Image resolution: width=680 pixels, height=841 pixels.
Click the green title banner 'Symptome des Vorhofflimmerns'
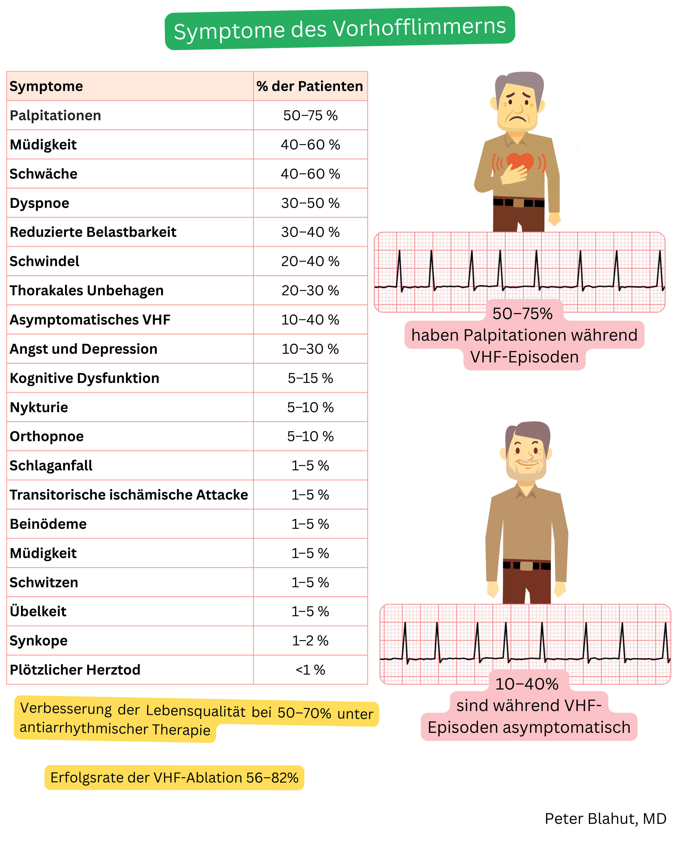coord(339,28)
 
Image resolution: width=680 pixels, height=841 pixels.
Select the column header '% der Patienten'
coord(310,86)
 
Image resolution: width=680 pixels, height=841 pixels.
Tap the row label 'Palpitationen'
coord(55,116)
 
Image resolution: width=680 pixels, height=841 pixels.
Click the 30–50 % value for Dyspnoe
coord(310,203)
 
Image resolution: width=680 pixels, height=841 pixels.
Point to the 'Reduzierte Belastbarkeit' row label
coord(93,232)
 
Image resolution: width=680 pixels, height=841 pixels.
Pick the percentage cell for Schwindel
coord(310,261)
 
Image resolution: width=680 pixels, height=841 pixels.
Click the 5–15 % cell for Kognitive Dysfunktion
coord(310,378)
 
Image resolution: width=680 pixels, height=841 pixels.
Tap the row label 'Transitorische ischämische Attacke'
coord(129,495)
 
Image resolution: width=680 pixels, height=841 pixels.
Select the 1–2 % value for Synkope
coord(310,641)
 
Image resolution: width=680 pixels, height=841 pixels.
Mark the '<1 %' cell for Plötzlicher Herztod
coord(310,670)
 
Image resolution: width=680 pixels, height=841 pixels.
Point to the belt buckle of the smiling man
coord(526,566)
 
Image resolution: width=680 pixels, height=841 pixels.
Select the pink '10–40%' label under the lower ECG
coord(527,684)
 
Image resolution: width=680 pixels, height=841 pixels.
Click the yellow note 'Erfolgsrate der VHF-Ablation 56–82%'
coord(174,777)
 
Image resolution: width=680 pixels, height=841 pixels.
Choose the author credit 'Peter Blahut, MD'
coord(605,819)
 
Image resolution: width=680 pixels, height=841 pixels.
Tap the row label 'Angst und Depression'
coord(83,349)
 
